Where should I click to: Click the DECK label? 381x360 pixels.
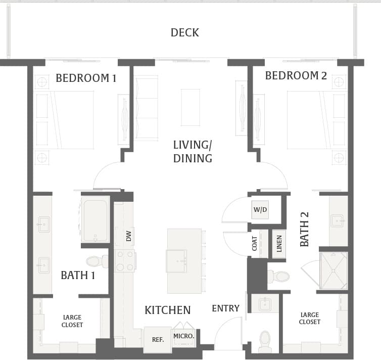coord(184,33)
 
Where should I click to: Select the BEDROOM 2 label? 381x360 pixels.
coord(296,76)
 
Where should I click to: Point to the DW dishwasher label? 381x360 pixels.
coord(128,236)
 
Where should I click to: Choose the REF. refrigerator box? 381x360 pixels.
coord(158,339)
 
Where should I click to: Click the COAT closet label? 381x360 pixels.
coord(255,243)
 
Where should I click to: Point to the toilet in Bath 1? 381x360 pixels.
coord(96,261)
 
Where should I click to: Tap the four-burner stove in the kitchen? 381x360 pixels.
coord(124,260)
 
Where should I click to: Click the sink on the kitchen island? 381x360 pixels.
coord(176,260)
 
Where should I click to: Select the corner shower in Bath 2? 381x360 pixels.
coord(333,271)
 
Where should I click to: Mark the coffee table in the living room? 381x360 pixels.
coord(190,107)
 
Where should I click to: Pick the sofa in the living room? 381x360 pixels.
coord(146,108)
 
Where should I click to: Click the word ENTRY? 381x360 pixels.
coord(225,308)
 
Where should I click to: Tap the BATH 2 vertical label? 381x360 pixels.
coord(304,229)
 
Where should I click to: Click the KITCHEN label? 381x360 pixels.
coord(167,310)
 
